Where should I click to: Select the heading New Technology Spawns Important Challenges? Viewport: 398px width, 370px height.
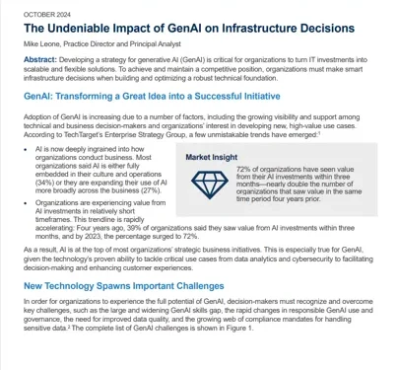click(x=125, y=284)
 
